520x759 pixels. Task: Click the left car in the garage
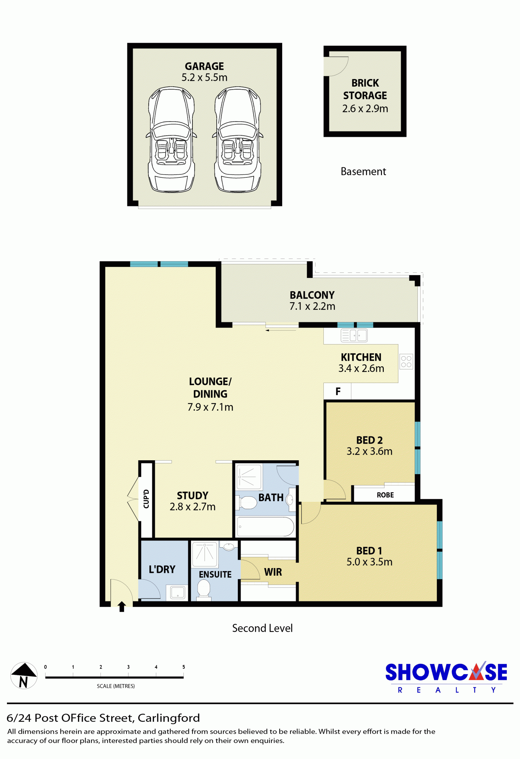point(171,139)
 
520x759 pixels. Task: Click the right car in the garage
point(237,139)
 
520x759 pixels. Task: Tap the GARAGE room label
point(204,66)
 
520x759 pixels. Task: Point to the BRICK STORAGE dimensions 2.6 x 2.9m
point(365,108)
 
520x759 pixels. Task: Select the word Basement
point(363,171)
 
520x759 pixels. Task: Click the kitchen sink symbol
point(354,335)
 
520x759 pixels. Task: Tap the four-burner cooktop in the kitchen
point(406,361)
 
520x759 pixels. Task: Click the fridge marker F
point(338,391)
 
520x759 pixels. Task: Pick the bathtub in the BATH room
point(266,527)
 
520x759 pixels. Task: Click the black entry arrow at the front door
point(122,607)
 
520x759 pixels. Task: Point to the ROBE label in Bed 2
point(385,495)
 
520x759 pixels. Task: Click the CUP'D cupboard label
point(146,499)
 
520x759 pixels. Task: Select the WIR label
point(273,572)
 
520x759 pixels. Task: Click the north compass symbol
point(24,675)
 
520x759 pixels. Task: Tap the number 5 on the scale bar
point(184,667)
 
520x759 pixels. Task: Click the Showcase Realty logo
point(446,677)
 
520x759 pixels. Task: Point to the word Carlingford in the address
point(169,718)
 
